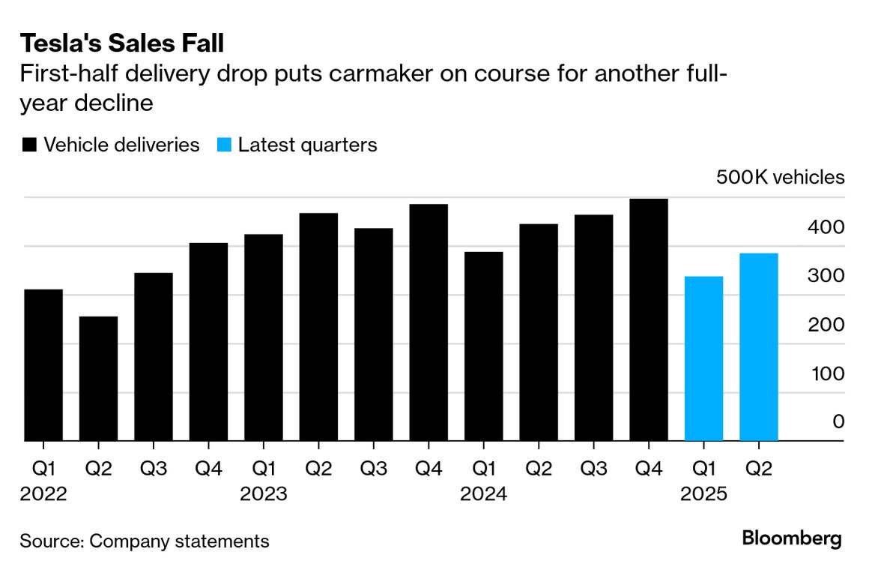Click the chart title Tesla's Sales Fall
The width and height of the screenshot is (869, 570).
point(122,43)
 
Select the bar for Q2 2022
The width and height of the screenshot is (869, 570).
point(98,379)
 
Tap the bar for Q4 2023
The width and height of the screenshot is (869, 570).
point(429,322)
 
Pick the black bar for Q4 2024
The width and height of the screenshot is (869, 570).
point(649,320)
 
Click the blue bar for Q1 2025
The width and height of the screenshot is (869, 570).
point(703,358)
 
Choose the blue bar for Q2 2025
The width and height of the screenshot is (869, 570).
point(759,347)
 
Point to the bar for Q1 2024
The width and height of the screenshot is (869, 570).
point(483,346)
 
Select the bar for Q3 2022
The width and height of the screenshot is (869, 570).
point(154,357)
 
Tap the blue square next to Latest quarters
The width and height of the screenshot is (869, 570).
point(223,145)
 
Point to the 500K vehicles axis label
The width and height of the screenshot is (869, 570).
point(780,178)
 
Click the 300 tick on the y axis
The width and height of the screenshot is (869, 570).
point(827,276)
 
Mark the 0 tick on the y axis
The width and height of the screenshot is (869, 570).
point(838,422)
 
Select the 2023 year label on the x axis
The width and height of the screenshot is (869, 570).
point(263,494)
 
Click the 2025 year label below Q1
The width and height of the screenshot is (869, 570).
point(703,494)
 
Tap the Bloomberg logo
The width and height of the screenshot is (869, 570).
point(792,538)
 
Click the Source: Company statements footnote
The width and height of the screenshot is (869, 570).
point(145,541)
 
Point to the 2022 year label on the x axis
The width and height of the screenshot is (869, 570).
point(43,494)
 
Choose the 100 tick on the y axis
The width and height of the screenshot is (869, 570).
point(827,373)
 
